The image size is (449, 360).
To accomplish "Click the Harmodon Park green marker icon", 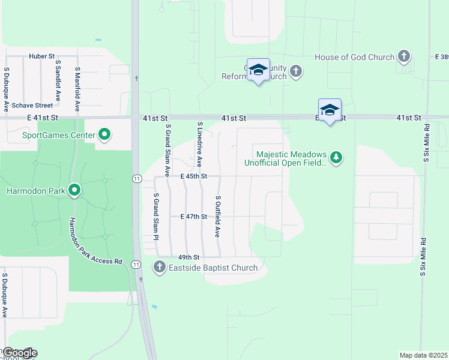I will pyautogui.click(x=75, y=191).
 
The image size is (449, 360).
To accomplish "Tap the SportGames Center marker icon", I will pyautogui.click(x=104, y=134).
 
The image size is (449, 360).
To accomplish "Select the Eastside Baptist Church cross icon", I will pyautogui.click(x=159, y=267).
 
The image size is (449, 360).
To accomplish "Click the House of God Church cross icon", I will pyautogui.click(x=404, y=57).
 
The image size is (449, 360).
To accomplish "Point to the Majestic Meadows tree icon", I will pyautogui.click(x=337, y=157).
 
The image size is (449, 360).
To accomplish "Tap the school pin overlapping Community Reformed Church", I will pyautogui.click(x=259, y=70).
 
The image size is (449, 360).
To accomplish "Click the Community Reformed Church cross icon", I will pyautogui.click(x=295, y=71).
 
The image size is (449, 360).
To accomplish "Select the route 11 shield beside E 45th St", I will pyautogui.click(x=137, y=178).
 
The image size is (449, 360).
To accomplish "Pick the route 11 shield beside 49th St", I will pyautogui.click(x=137, y=264).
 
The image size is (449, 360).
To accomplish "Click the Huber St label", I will pyautogui.click(x=41, y=56).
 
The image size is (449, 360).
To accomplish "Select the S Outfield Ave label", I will pyautogui.click(x=218, y=216).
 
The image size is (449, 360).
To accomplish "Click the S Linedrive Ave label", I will pyautogui.click(x=200, y=144).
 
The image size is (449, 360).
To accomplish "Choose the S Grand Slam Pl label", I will pyautogui.click(x=155, y=216).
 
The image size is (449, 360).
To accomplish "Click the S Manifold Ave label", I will pyautogui.click(x=77, y=89).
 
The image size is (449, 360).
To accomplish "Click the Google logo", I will pyautogui.click(x=19, y=353).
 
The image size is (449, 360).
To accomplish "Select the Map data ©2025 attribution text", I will pyautogui.click(x=423, y=355).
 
